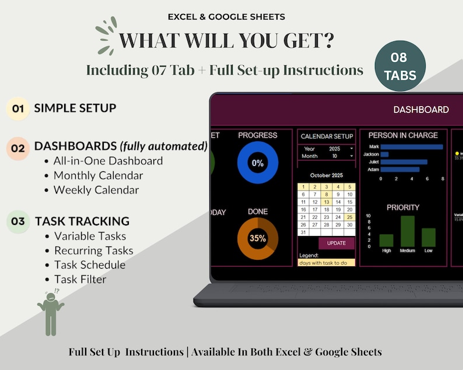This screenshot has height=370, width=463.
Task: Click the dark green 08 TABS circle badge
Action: (x=399, y=66)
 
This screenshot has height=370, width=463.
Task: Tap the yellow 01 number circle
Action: (x=17, y=108)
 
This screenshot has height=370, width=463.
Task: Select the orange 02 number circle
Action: (x=17, y=148)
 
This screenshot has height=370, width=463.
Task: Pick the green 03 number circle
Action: (x=17, y=221)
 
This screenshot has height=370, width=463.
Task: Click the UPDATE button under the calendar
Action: (x=336, y=243)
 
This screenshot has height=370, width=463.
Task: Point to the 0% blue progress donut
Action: (x=257, y=163)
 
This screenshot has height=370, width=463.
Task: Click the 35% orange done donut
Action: (x=257, y=238)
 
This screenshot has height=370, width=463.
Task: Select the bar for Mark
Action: (x=412, y=147)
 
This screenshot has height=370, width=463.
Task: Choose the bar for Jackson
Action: (x=385, y=154)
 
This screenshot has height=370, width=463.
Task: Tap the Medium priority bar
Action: (x=408, y=231)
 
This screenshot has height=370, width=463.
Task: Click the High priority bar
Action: (x=386, y=240)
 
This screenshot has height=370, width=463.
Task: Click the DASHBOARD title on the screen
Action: (x=421, y=110)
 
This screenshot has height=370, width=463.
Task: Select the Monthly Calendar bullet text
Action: (x=98, y=175)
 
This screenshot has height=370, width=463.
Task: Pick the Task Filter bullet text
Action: (x=80, y=279)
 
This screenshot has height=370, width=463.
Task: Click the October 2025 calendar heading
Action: (x=327, y=175)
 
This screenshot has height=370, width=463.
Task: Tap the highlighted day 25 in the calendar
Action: (x=349, y=217)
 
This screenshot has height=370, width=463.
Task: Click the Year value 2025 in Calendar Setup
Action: (x=334, y=149)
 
